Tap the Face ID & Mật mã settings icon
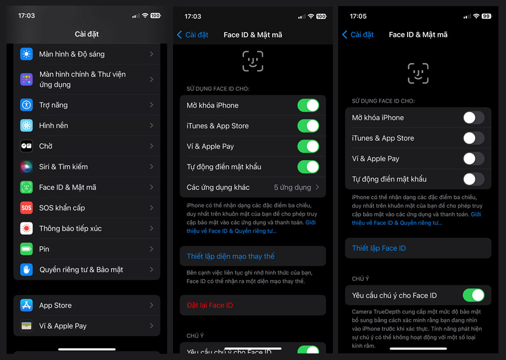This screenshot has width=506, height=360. tap(26, 187)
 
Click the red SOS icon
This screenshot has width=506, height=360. tap(26, 208)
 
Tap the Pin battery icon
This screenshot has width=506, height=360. tap(26, 249)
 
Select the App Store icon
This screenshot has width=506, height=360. tap(26, 305)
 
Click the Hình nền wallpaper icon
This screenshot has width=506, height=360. tap(26, 126)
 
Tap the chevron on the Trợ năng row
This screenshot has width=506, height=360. tap(152, 105)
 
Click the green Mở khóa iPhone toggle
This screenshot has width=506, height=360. tap(308, 105)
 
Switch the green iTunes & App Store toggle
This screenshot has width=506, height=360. tap(308, 126)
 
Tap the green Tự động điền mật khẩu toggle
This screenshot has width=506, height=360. tap(308, 167)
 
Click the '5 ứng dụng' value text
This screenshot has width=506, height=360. tap(293, 187)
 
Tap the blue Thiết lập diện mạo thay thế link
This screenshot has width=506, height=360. tap(230, 256)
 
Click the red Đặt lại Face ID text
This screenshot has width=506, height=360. tap(210, 305)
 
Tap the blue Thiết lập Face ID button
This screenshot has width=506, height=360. tap(379, 248)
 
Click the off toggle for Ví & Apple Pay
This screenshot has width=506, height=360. tap(473, 159)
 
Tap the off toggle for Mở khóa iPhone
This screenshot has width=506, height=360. tap(473, 118)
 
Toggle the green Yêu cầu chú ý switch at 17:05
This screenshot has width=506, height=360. tap(473, 295)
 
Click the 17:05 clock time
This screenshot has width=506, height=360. tap(358, 16)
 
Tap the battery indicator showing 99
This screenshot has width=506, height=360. tap(486, 16)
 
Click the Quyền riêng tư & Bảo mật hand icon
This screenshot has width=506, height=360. tap(26, 270)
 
